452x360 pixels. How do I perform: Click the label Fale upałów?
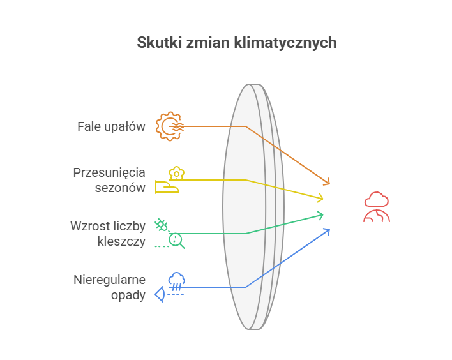click(111, 126)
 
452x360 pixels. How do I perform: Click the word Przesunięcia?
click(109, 172)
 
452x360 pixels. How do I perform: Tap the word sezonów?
click(121, 188)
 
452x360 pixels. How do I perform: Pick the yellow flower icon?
click(176, 173)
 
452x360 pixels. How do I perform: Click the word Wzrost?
click(89, 226)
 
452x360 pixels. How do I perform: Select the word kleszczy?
click(121, 241)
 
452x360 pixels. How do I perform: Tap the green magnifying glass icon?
click(176, 240)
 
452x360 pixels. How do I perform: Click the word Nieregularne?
click(109, 280)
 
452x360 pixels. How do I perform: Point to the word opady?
click(128, 295)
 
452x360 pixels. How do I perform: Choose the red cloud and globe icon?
click(377, 206)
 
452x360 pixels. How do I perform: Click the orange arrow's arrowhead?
click(327, 183)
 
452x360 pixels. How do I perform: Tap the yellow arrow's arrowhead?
click(320, 198)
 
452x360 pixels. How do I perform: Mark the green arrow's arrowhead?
click(320, 215)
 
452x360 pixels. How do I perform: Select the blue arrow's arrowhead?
click(327, 230)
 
